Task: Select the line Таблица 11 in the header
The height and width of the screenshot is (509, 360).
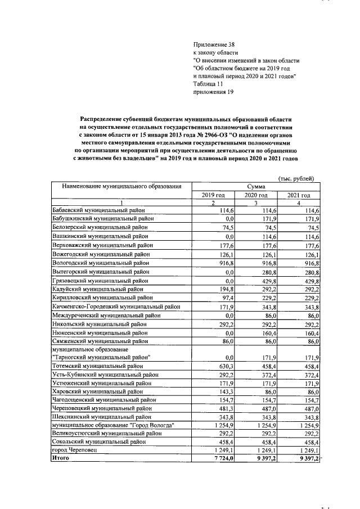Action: click(210, 84)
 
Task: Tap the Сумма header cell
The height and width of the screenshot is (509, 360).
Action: click(256, 186)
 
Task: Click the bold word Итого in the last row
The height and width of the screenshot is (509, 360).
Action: click(60, 459)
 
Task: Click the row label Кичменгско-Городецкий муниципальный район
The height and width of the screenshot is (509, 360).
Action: click(113, 307)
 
